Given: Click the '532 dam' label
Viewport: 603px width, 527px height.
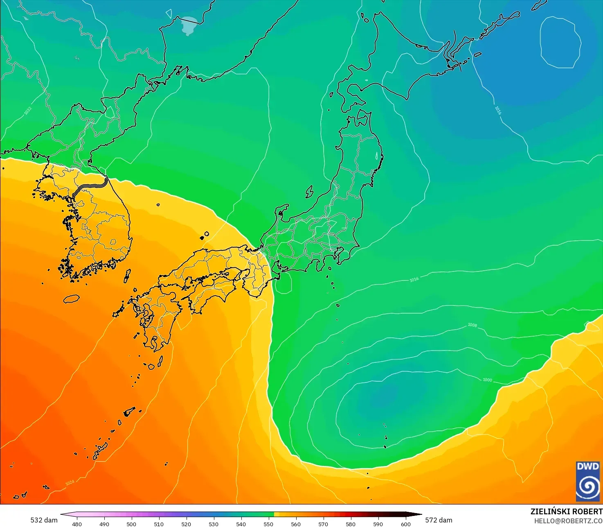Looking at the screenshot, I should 44,520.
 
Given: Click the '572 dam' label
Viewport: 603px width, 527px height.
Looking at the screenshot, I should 439,520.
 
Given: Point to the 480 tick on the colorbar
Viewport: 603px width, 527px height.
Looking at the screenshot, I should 76,524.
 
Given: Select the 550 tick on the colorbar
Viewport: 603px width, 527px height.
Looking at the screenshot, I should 268,524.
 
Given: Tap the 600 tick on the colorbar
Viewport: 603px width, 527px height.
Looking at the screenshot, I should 405,524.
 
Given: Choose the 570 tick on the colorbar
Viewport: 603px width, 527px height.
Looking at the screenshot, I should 323,524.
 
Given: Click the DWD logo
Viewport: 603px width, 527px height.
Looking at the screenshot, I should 588,481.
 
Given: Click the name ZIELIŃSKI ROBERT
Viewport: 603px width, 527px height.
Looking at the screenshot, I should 566,511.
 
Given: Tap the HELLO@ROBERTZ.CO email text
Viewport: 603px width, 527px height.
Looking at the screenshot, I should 568,521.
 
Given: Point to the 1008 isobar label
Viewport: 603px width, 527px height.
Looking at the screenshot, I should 472,325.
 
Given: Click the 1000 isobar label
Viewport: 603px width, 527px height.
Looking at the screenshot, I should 487,380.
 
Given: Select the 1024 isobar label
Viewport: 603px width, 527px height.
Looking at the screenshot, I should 70,483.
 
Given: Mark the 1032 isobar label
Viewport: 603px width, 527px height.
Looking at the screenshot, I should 28,111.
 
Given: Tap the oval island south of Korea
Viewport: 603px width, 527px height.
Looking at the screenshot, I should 72,299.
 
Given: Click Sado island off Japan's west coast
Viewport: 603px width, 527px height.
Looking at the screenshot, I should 309,191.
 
